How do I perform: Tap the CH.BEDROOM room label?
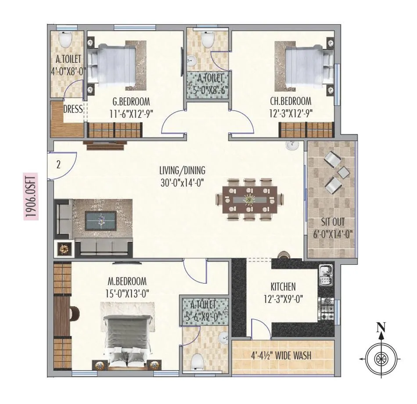[x=290, y=101]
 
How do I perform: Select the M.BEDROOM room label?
[x=127, y=281]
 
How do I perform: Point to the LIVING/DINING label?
[x=182, y=170]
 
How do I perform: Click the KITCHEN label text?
[x=283, y=287]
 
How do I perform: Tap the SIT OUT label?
[x=332, y=222]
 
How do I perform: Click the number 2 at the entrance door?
[x=58, y=165]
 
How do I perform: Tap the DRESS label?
[x=73, y=109]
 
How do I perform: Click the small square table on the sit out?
[x=343, y=173]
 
